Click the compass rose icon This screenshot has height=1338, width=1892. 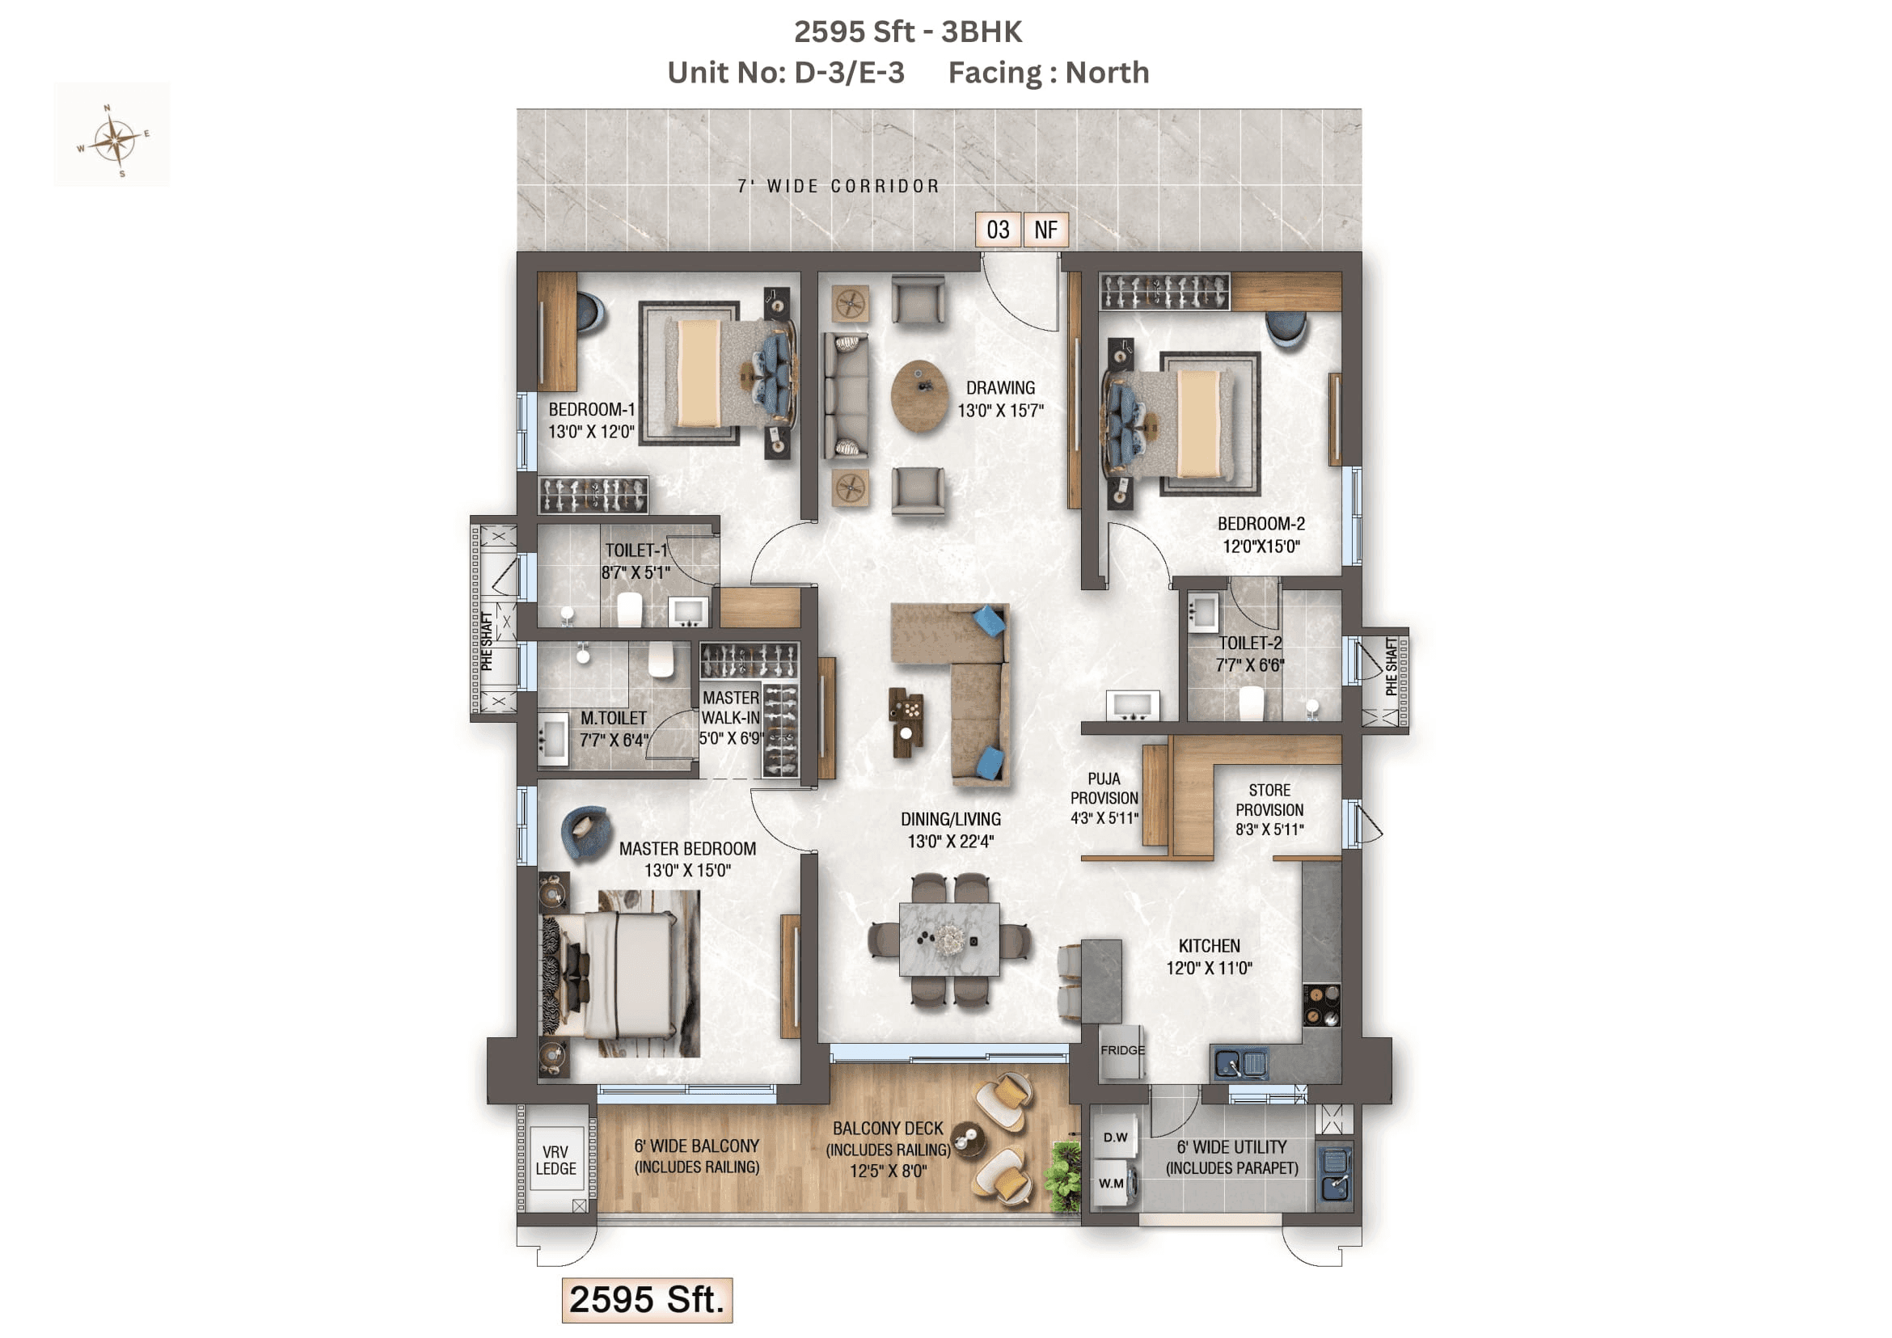(x=115, y=140)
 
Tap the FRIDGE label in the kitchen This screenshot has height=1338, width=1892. (x=1122, y=1050)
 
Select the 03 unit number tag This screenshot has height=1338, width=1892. (x=998, y=230)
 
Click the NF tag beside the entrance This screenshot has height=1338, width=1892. (x=1045, y=230)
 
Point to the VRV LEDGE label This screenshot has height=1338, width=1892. (x=556, y=1160)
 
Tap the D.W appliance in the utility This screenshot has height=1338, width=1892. (x=1115, y=1138)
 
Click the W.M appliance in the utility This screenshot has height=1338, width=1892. (x=1112, y=1184)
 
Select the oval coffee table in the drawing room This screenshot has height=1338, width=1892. (x=919, y=395)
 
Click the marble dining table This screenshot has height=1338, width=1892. (x=949, y=939)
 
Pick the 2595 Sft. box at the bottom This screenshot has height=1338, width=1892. (x=647, y=1300)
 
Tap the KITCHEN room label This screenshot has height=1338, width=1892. (x=1209, y=956)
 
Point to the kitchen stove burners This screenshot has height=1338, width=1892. (x=1321, y=1005)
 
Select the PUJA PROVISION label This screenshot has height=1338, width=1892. (x=1104, y=798)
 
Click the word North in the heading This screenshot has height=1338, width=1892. (x=1107, y=73)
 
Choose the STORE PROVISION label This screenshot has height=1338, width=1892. (x=1269, y=810)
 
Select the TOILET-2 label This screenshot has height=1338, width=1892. (x=1250, y=653)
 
